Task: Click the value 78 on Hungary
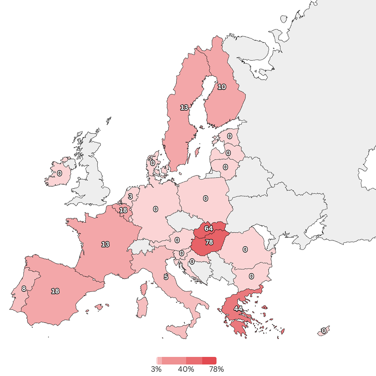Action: [x=209, y=242]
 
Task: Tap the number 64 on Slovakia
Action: [x=208, y=228]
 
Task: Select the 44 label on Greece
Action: [x=238, y=308]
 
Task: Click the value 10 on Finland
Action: [x=222, y=87]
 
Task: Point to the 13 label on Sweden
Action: [x=184, y=107]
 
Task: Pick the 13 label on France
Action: [x=105, y=244]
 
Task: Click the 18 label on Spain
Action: [x=55, y=291]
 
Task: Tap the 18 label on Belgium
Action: [x=123, y=210]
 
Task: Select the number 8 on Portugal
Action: [x=24, y=289]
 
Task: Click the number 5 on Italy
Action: [x=166, y=277]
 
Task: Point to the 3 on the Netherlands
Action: [x=130, y=196]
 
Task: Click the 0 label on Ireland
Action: [x=59, y=173]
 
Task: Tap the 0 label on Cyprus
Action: [x=324, y=331]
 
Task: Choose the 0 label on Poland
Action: [x=205, y=198]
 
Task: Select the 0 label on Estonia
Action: [x=230, y=136]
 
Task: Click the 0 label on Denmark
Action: [x=153, y=163]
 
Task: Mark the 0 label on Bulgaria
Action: [x=251, y=276]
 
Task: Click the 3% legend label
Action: [x=156, y=369]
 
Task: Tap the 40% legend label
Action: [x=186, y=369]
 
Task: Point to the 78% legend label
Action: [x=216, y=369]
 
